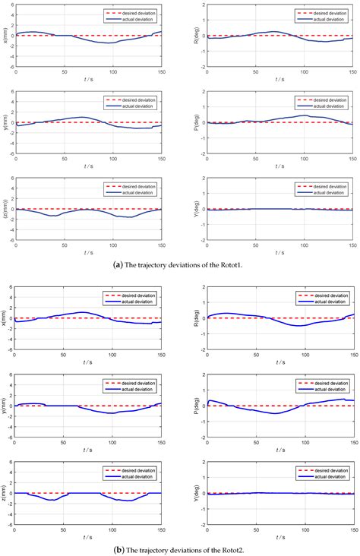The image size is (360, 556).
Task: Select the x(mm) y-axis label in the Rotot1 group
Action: click(x=5, y=35)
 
